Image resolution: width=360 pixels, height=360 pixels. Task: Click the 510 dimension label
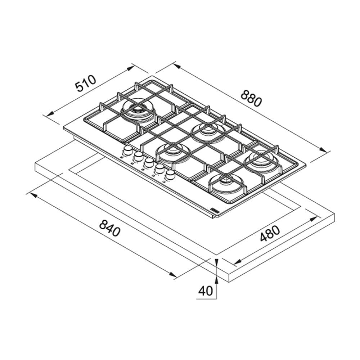point(86,83)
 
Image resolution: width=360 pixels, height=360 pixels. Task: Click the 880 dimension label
point(251,99)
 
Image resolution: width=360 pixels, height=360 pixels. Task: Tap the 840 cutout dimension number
point(110,228)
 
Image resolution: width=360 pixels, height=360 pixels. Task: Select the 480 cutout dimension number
point(270,234)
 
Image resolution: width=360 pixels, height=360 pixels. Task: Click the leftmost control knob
point(128,151)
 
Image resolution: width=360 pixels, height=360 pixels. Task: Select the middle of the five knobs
point(149,162)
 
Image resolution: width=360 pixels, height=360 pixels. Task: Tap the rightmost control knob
point(170,175)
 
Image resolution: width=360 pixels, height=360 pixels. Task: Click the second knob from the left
point(139,157)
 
